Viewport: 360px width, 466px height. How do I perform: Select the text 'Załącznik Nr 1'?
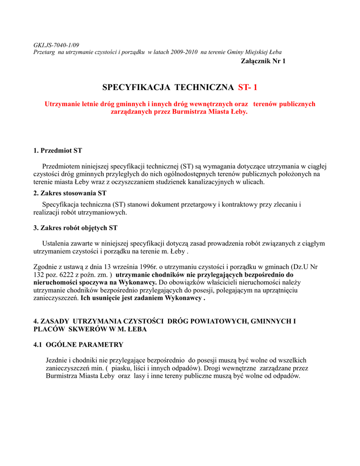(x=263, y=61)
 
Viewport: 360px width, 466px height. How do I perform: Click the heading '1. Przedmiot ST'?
(x=58, y=150)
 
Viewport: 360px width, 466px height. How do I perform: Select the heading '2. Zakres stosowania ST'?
(x=70, y=193)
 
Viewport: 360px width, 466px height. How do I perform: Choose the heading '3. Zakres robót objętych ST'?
(x=76, y=228)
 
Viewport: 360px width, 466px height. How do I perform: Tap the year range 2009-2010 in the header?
(x=184, y=52)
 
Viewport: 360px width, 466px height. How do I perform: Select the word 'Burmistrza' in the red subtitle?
(x=191, y=111)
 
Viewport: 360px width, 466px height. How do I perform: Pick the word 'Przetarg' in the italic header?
(x=45, y=52)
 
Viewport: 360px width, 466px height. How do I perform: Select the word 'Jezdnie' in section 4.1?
(x=56, y=360)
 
